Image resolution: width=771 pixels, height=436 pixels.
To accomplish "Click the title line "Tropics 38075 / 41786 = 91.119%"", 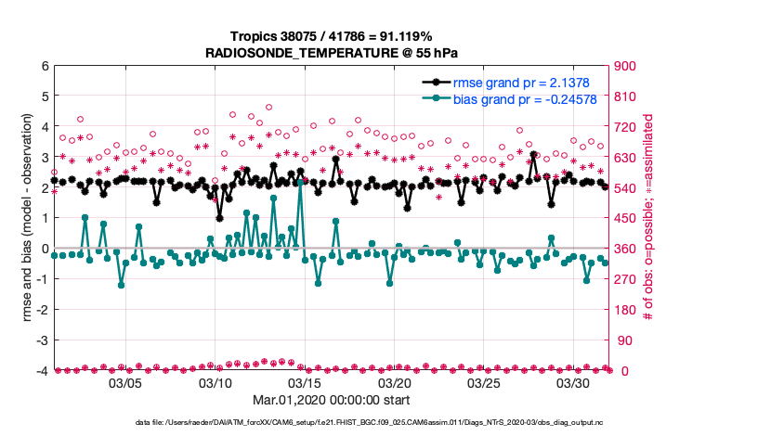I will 332,37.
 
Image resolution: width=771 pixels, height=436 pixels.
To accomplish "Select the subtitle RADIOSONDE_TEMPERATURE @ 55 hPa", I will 332,53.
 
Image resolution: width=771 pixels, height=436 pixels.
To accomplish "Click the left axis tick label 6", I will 45,66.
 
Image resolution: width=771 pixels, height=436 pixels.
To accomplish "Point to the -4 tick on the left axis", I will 42,371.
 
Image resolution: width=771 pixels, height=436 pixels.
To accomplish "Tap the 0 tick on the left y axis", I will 45,249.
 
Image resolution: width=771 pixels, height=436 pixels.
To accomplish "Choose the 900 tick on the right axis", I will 623,66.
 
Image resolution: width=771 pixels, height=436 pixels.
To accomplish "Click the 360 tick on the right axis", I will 623,249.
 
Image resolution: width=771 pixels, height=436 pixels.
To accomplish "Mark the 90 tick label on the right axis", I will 620,340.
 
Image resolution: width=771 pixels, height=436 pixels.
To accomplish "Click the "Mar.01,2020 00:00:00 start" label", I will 331,401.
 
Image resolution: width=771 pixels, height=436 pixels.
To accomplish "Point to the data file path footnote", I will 331,423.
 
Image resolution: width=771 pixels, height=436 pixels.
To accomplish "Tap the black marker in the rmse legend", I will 436,83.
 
